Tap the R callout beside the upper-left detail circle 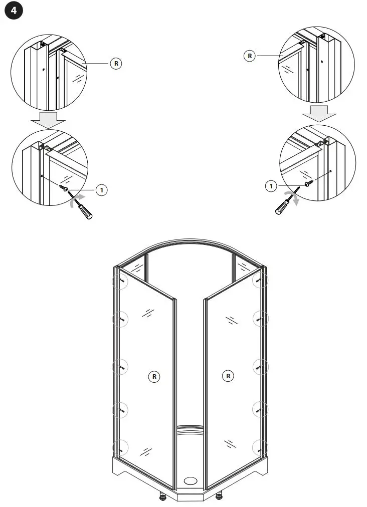116,64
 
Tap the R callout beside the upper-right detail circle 250,56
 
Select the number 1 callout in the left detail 101,189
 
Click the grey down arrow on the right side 318,114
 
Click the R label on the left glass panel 154,376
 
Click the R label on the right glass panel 228,376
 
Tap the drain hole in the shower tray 191,480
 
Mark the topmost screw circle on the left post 120,281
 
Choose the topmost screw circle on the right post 259,281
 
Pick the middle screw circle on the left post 120,367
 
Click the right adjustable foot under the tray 219,497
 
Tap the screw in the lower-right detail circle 309,183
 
